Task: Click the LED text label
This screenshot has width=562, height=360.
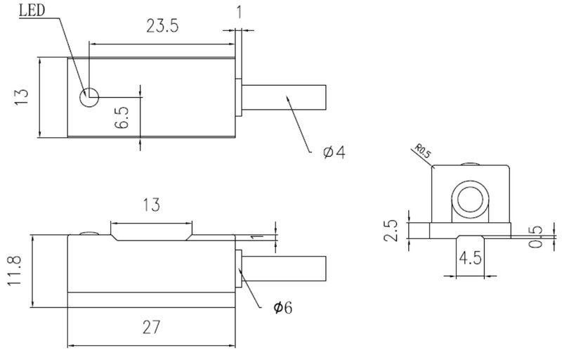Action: [32, 10]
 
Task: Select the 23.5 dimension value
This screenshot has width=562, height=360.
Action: [162, 26]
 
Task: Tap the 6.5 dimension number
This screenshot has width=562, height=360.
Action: [122, 117]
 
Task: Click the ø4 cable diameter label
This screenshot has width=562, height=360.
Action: [334, 153]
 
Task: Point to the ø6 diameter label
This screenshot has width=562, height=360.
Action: [283, 307]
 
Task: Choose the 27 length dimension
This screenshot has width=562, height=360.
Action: [151, 327]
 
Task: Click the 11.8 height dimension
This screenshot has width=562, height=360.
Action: [15, 271]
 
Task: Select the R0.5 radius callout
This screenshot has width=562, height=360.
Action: [423, 151]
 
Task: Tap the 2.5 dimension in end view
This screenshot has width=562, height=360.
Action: [391, 231]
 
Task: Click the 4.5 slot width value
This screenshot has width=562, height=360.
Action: [470, 258]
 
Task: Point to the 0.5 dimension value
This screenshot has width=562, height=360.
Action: [536, 236]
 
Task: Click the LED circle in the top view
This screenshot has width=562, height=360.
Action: [89, 97]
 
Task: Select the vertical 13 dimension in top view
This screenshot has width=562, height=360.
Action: [22, 97]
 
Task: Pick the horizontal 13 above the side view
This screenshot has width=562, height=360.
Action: [151, 205]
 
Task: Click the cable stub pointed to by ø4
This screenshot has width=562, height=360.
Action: [284, 97]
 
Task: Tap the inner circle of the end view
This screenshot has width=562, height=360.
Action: [470, 199]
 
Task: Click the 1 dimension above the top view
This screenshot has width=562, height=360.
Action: [239, 13]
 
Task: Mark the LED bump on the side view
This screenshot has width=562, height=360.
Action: [90, 233]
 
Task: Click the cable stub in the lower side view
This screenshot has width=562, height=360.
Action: [284, 269]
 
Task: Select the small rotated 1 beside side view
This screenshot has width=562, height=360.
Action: [255, 237]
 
